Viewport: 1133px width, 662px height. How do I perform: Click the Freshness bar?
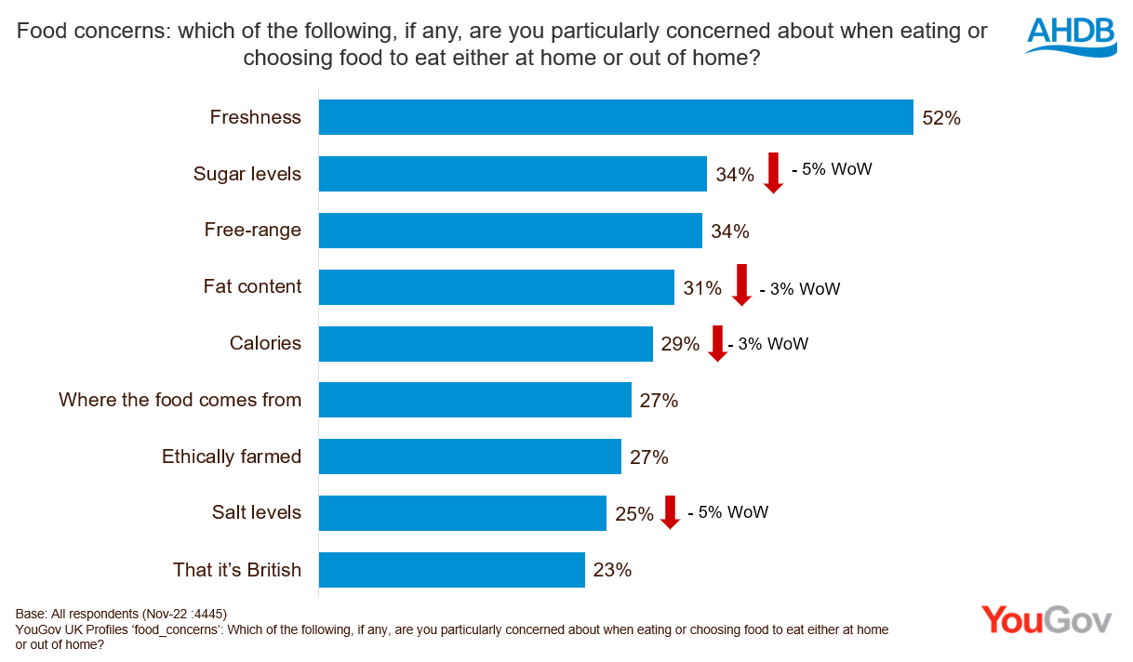[616, 117]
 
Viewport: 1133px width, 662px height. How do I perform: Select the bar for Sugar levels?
[513, 174]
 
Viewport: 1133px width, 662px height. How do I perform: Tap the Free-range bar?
[510, 231]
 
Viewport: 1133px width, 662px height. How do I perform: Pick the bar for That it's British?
[451, 570]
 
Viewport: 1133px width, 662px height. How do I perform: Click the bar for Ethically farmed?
[470, 457]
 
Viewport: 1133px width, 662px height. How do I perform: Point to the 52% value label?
[940, 118]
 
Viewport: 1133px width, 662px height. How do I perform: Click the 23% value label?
[612, 570]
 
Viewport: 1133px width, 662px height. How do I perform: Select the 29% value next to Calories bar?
[680, 344]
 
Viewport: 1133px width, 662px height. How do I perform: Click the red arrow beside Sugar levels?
[773, 174]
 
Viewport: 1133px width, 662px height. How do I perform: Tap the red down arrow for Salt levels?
[670, 512]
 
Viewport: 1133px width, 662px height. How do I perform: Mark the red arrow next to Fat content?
[740, 285]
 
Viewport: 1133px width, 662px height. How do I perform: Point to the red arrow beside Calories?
[716, 343]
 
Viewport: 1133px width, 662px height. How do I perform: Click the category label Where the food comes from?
[180, 400]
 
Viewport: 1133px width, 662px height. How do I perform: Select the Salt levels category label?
[257, 512]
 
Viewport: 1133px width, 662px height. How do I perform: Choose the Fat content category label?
[253, 286]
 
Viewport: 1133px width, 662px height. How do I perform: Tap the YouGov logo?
[1046, 620]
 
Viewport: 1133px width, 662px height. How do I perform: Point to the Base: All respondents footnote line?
[121, 614]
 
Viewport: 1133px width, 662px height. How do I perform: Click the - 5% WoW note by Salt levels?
[727, 512]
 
